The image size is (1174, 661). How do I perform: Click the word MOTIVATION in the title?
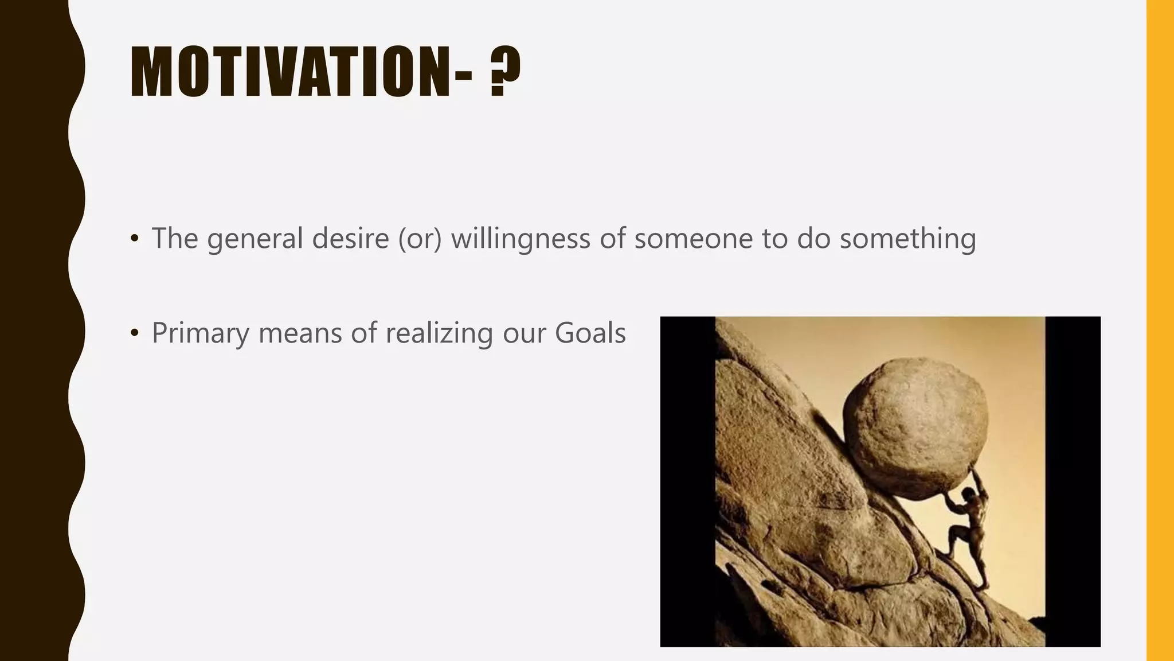(x=289, y=72)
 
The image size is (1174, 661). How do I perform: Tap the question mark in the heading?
(x=506, y=72)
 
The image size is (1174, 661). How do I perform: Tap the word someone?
(x=693, y=238)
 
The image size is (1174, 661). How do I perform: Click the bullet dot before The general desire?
(x=135, y=239)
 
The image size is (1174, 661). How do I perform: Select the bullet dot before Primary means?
(x=135, y=333)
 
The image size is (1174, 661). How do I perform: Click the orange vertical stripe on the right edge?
(x=1160, y=330)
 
